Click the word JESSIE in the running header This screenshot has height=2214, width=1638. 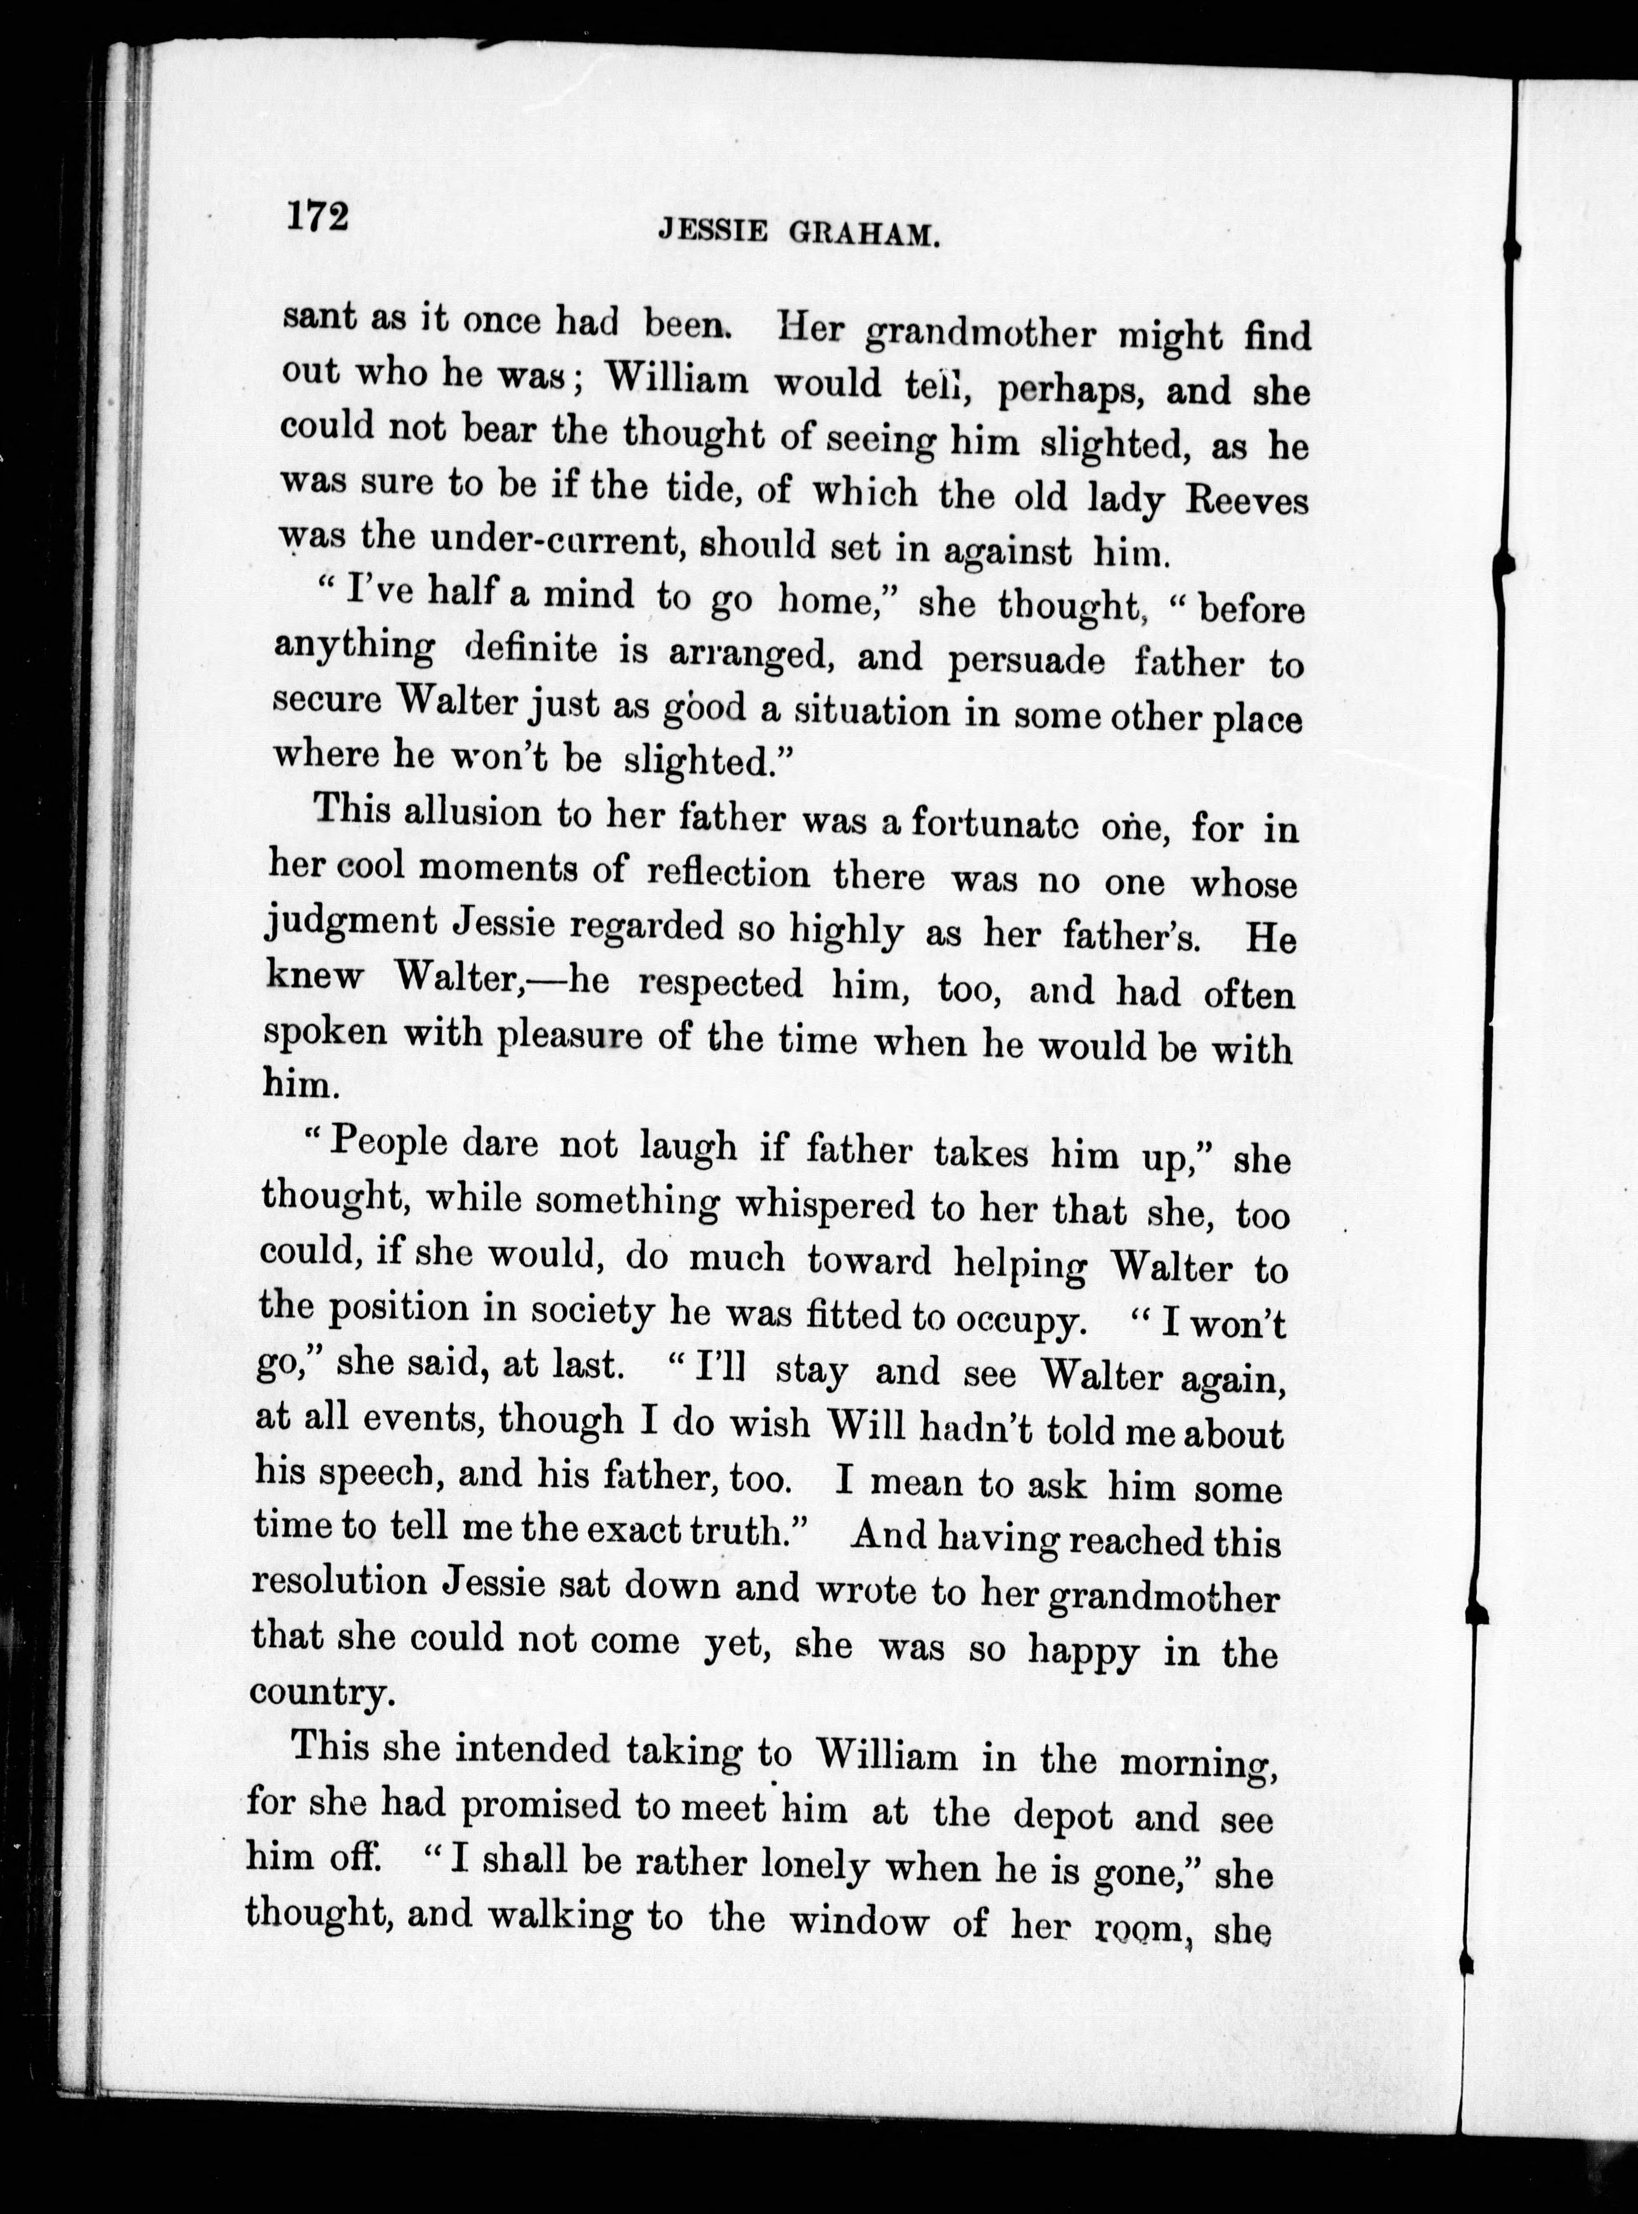tap(712, 232)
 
